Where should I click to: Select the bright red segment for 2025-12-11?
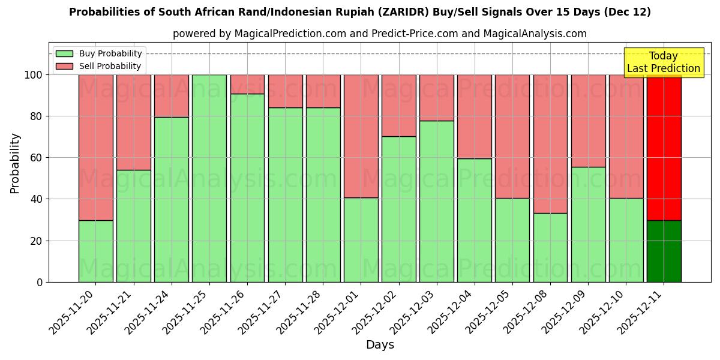tap(664, 147)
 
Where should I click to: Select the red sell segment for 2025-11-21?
tap(133, 122)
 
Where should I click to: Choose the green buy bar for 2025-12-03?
tap(437, 201)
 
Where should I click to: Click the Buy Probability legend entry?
tap(99, 53)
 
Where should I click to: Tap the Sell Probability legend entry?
tap(99, 66)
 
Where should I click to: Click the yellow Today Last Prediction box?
tap(663, 62)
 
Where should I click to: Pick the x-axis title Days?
tap(380, 345)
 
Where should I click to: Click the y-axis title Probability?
tap(15, 163)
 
